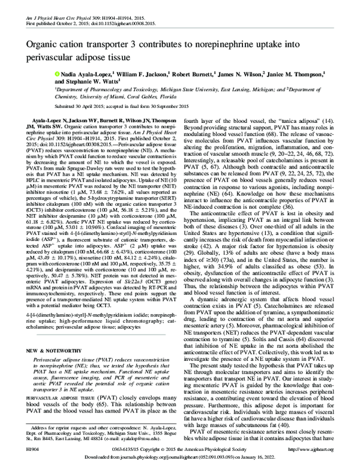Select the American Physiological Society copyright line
point(180,448)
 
